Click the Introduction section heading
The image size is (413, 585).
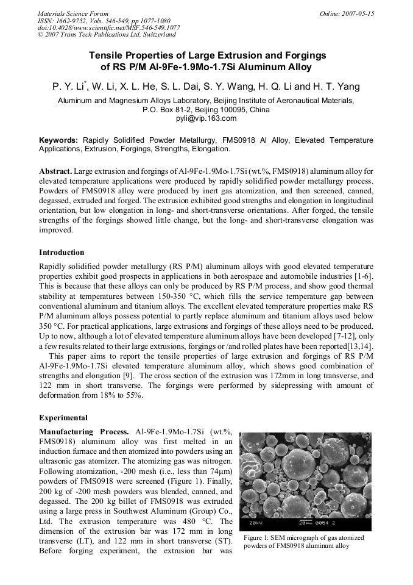pos(62,252)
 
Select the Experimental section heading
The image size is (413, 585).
pos(63,418)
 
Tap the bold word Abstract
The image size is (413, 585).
pos(55,171)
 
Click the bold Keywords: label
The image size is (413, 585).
pos(58,140)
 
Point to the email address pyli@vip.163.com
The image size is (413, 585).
pos(206,118)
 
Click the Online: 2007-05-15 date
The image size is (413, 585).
pos(347,13)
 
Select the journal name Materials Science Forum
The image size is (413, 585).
pos(73,13)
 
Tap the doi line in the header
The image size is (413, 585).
pos(109,28)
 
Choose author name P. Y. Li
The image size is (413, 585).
pos(68,87)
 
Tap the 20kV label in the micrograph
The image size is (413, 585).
pos(256,523)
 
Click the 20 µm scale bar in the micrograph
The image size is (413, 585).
pos(305,523)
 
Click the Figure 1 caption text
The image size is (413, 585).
pos(303,542)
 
